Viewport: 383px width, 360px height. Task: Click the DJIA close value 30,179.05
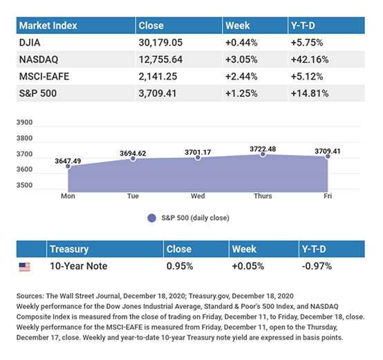(x=160, y=43)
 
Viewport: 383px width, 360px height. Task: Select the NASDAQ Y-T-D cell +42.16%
(x=310, y=59)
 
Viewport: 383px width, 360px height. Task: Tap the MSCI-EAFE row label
(x=44, y=77)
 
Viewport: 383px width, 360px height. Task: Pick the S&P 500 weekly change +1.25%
(x=241, y=93)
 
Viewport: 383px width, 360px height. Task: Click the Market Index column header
(x=48, y=26)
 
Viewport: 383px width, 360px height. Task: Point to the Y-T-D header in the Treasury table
(x=314, y=249)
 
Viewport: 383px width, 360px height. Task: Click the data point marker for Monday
(x=68, y=167)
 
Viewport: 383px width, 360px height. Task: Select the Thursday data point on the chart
(x=263, y=154)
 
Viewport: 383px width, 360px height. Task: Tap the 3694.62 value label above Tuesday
(x=133, y=153)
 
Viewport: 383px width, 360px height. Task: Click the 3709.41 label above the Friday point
(x=327, y=151)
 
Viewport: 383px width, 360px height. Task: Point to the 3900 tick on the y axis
(x=24, y=122)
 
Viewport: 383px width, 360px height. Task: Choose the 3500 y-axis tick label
(x=24, y=185)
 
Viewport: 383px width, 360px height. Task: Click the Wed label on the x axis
(x=198, y=196)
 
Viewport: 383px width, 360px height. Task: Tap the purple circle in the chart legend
(x=151, y=218)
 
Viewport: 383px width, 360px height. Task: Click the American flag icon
(x=24, y=267)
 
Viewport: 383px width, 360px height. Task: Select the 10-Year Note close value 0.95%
(x=180, y=266)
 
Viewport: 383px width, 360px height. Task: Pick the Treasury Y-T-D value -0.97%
(x=317, y=266)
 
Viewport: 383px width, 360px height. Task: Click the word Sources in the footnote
(x=30, y=296)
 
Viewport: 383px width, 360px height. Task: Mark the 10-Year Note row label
(x=78, y=266)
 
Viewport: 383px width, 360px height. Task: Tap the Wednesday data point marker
(x=198, y=158)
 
